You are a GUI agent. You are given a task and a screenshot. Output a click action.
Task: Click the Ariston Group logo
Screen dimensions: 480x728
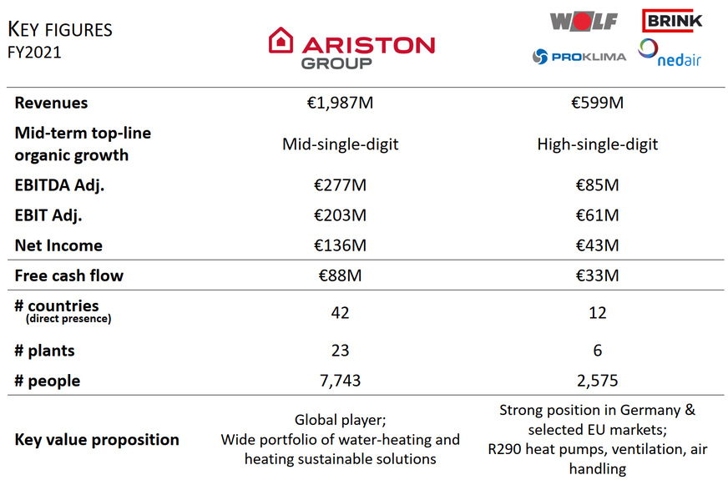coord(351,48)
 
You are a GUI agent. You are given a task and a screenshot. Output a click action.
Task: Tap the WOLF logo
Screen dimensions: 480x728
coord(584,21)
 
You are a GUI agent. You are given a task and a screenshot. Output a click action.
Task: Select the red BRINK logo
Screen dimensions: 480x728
coord(672,19)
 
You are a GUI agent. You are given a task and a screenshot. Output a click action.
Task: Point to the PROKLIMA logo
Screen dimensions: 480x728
coord(577,56)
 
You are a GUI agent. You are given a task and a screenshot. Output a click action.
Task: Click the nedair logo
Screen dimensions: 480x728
coord(670,53)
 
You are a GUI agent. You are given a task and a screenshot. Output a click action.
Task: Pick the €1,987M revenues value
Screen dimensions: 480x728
coord(340,103)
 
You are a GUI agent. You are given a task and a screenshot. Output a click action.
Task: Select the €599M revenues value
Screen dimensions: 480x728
coord(597,103)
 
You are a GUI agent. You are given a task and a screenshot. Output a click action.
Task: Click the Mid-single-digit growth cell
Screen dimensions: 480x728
coord(340,144)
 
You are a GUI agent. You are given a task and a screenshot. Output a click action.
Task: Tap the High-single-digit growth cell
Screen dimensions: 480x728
coord(597,144)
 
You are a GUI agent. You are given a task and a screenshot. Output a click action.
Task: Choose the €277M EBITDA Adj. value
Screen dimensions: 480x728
coord(340,185)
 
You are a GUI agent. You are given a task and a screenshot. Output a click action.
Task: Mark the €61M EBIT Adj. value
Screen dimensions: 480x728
coord(597,215)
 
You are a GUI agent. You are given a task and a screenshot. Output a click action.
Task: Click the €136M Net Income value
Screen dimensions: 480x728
coord(340,245)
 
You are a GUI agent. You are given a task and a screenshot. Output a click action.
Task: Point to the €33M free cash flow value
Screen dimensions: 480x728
coord(597,275)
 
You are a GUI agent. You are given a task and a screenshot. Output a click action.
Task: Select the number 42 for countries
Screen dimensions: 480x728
coord(340,312)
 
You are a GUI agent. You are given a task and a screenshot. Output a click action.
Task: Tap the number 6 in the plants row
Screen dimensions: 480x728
coord(597,351)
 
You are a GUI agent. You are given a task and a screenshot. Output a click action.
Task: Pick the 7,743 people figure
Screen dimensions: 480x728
coord(340,381)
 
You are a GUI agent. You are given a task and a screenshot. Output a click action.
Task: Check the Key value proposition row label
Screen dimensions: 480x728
coord(97,439)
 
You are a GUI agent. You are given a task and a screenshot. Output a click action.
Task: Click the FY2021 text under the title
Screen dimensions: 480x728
coord(34,52)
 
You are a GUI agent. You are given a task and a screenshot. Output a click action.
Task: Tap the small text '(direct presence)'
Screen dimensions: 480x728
coord(68,319)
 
